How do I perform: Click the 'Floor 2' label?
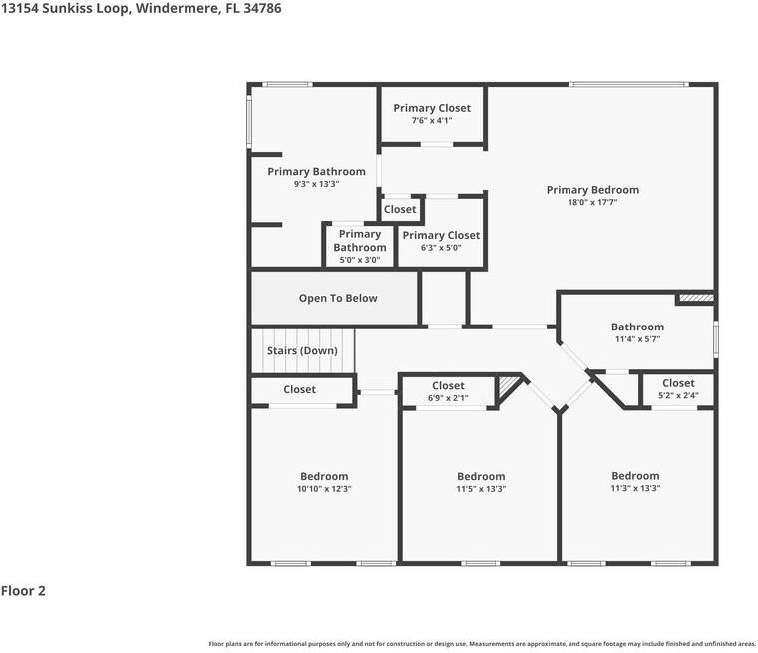coord(23,591)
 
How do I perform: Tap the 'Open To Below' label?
coord(338,298)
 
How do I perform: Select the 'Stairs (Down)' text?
coord(302,350)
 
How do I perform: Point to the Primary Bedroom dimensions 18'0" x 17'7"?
coord(592,202)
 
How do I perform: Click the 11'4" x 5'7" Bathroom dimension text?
coord(637,339)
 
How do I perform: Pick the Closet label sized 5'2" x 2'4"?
coord(678,383)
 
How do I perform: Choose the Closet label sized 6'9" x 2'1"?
coord(448,385)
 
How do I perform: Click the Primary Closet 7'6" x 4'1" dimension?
coord(432,120)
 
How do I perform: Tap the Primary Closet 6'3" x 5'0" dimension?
coord(441,248)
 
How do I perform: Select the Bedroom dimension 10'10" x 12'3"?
coord(324,489)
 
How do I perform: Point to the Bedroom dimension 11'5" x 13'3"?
coord(481,489)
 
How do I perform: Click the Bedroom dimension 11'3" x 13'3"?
coord(635,488)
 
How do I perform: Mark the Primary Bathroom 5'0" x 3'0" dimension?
coord(360,260)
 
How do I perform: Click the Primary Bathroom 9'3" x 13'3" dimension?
coord(316,184)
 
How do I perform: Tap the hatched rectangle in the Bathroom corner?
coord(696,298)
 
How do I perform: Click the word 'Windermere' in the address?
coord(177,8)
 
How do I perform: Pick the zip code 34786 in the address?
coord(262,8)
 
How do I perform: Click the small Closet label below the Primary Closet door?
coord(400,209)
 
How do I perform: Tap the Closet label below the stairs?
coord(300,389)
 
